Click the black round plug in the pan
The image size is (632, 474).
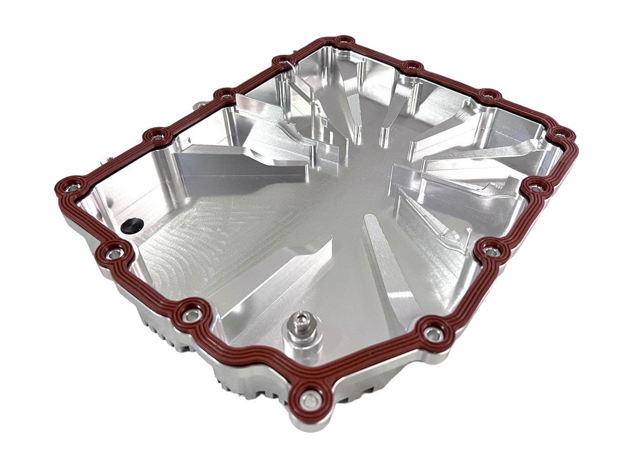point(131,225)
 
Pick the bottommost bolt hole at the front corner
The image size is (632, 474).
point(309,400)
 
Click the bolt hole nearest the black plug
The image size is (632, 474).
point(114,253)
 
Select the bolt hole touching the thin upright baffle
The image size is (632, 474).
point(282,62)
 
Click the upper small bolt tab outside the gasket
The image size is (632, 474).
point(200,105)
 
